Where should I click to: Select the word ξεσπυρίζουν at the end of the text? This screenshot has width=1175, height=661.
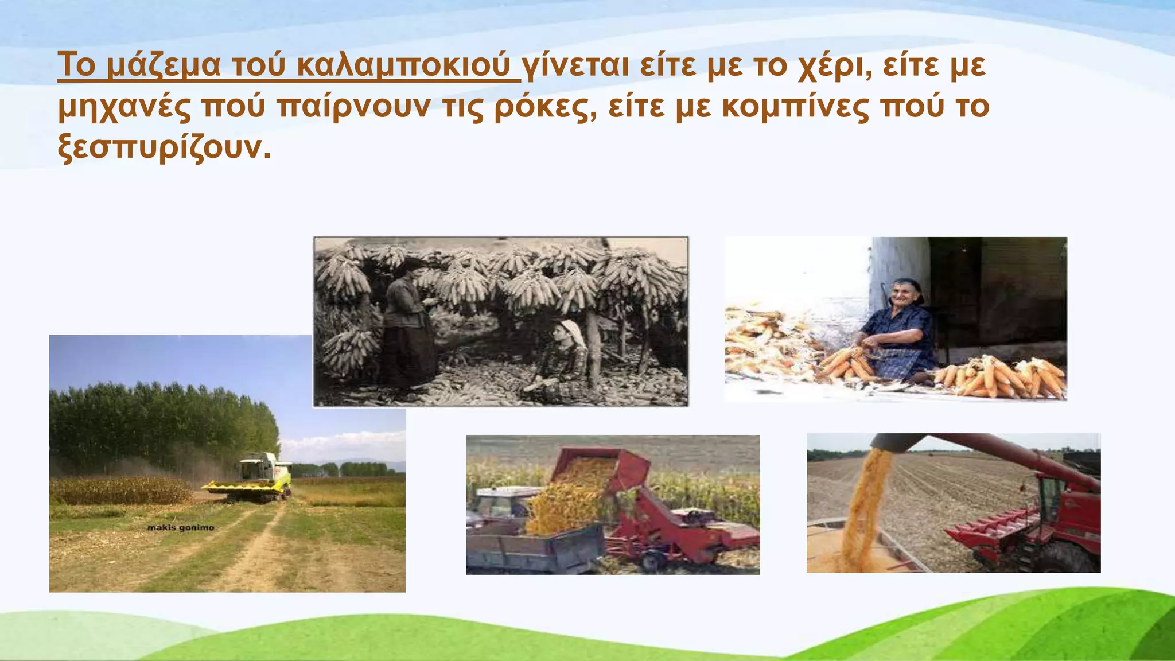point(164,149)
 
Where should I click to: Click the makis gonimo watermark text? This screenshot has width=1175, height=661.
point(181,527)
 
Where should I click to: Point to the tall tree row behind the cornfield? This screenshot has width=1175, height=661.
point(161,425)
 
